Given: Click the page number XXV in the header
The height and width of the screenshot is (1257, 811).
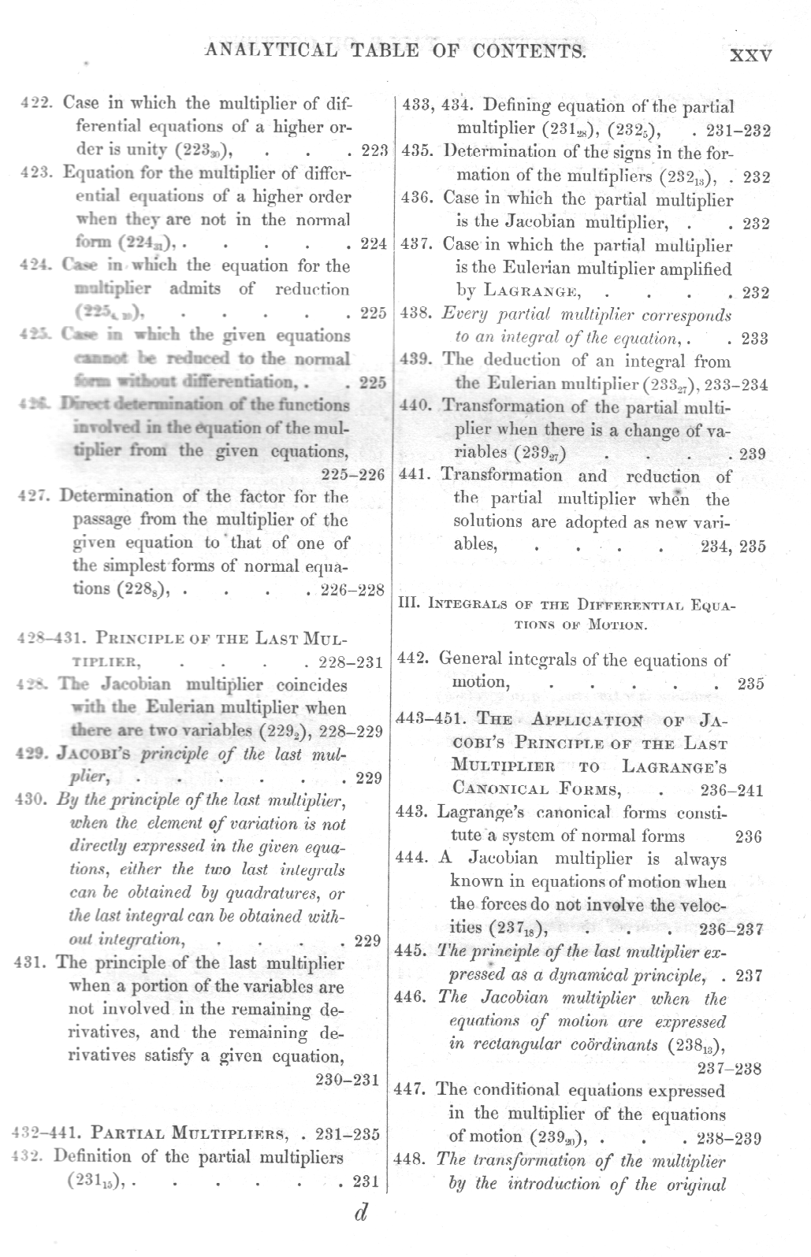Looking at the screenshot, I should coord(750,56).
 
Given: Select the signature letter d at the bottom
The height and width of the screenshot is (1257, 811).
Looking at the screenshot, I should coord(360,1213).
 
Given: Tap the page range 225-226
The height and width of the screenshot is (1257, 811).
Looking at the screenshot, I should coord(354,474).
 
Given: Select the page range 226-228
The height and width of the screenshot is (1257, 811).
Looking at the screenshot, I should coord(352,590).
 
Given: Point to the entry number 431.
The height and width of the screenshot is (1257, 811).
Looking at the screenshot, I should coord(32,963).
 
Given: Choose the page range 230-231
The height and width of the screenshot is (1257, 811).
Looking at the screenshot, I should coord(348,1080).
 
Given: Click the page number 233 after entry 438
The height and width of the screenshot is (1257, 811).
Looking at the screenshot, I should coord(754,339).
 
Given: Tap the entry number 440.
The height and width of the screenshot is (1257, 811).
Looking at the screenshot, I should coord(415,406).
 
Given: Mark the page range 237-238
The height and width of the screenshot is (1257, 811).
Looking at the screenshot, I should coord(729,1069).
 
